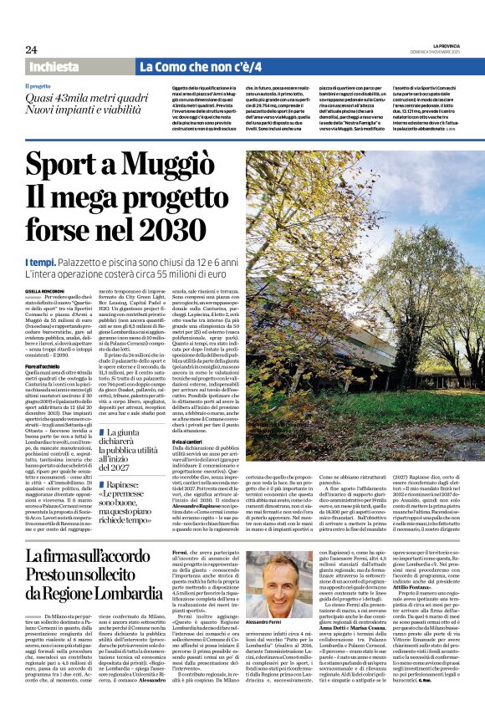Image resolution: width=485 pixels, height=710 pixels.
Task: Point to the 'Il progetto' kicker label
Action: point(38,86)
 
